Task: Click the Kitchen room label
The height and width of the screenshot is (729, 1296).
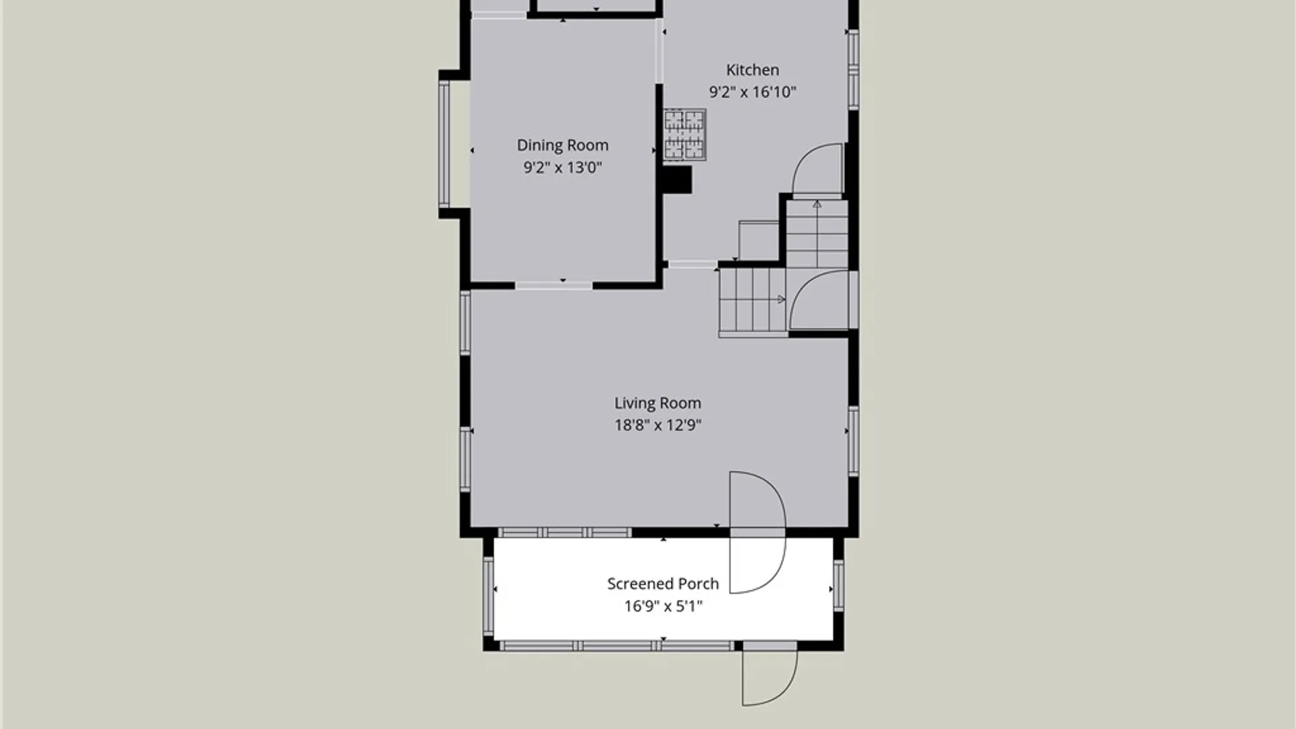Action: click(753, 70)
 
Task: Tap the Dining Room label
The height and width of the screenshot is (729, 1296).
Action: click(562, 145)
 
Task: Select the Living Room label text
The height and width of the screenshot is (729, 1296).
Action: click(657, 403)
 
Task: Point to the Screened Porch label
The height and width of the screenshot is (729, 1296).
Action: click(663, 584)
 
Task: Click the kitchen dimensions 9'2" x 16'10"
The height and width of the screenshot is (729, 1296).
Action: click(753, 92)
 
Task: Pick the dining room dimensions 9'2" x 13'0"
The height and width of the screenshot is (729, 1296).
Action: click(562, 167)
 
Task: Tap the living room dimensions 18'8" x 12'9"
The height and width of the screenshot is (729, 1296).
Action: click(657, 425)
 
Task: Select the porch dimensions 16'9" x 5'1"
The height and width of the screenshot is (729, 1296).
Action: click(663, 606)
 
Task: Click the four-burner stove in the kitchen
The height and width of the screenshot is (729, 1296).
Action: click(684, 135)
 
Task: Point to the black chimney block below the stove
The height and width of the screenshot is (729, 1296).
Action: click(678, 180)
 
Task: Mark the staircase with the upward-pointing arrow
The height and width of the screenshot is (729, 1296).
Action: click(817, 233)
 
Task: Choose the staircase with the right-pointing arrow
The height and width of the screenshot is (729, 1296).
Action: click(753, 300)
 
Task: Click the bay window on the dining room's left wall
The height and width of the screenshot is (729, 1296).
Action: click(444, 144)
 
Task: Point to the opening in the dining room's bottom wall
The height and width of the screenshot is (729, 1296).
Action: click(553, 286)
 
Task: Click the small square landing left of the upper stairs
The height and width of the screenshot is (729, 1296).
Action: click(759, 240)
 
